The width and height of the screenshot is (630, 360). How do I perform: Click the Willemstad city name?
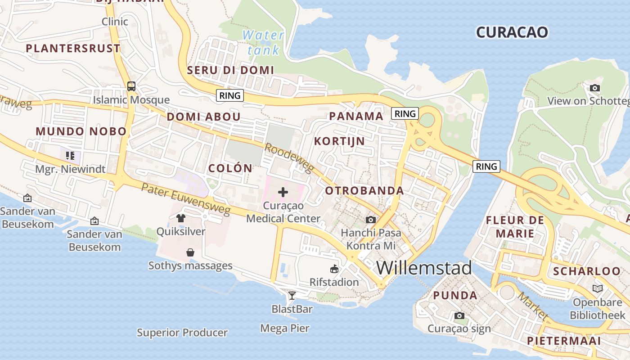424,268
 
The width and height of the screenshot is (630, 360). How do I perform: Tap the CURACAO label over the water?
512,32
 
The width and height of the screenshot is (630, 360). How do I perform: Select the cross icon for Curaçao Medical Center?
283,193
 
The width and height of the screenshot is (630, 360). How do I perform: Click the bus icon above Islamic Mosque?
131,86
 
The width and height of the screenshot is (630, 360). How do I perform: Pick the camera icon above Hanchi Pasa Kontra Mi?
370,220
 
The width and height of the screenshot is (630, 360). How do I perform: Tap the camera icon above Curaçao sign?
459,316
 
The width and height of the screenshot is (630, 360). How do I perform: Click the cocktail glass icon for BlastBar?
292,296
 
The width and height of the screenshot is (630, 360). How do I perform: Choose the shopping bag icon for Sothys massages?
190,252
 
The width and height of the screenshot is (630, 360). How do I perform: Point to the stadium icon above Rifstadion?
334,269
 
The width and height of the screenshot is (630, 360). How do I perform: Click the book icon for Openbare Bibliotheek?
598,288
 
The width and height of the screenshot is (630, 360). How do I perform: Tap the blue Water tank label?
263,42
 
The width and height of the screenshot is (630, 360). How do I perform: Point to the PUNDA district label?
455,296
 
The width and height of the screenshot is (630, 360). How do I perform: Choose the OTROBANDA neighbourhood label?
364,191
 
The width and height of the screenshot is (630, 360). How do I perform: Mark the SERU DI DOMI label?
230,70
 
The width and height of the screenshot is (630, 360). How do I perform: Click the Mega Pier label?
285,328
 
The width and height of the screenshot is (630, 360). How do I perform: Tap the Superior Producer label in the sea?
182,333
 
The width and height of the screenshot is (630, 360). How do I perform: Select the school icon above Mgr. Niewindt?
70,156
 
